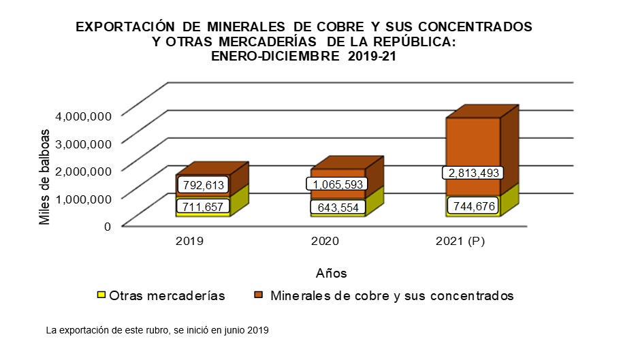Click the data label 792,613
(x=202, y=184)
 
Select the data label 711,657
(x=202, y=206)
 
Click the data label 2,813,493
(x=474, y=172)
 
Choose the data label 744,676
(x=474, y=206)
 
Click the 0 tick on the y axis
(x=107, y=226)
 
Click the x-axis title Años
(x=332, y=273)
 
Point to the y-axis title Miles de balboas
(x=45, y=176)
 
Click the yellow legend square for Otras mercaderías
(x=101, y=296)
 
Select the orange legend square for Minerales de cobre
(x=259, y=296)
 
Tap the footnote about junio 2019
(x=157, y=331)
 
